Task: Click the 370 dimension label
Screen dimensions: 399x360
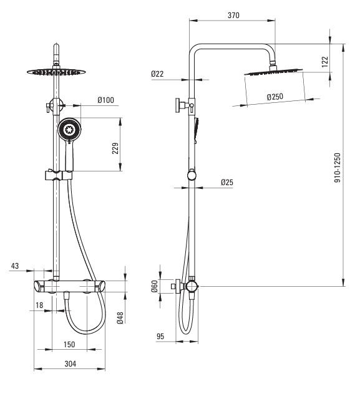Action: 233,15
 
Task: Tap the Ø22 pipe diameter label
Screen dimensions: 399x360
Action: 157,74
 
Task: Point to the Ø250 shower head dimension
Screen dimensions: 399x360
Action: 275,97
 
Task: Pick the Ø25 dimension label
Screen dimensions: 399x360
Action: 227,182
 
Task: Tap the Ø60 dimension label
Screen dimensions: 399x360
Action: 155,286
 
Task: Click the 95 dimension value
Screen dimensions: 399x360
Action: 160,337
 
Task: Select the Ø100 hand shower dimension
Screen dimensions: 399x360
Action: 105,99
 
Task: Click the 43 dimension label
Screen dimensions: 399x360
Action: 16,266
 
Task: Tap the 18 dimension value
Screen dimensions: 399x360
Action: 40,305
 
